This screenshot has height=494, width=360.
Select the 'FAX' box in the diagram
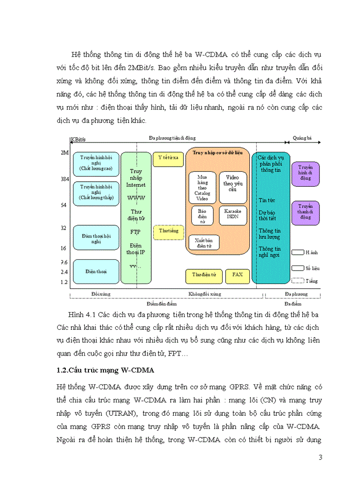[237, 275]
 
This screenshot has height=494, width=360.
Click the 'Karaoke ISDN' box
[232, 214]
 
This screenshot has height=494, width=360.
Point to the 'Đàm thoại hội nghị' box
[96, 238]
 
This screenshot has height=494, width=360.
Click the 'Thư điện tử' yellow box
[204, 275]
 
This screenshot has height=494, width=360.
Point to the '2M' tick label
[64, 153]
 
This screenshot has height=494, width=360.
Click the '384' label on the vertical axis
[64, 179]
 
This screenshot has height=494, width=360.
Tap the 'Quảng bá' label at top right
[302, 139]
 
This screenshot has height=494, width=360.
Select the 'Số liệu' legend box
[297, 268]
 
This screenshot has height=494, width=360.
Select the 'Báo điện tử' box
[202, 214]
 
